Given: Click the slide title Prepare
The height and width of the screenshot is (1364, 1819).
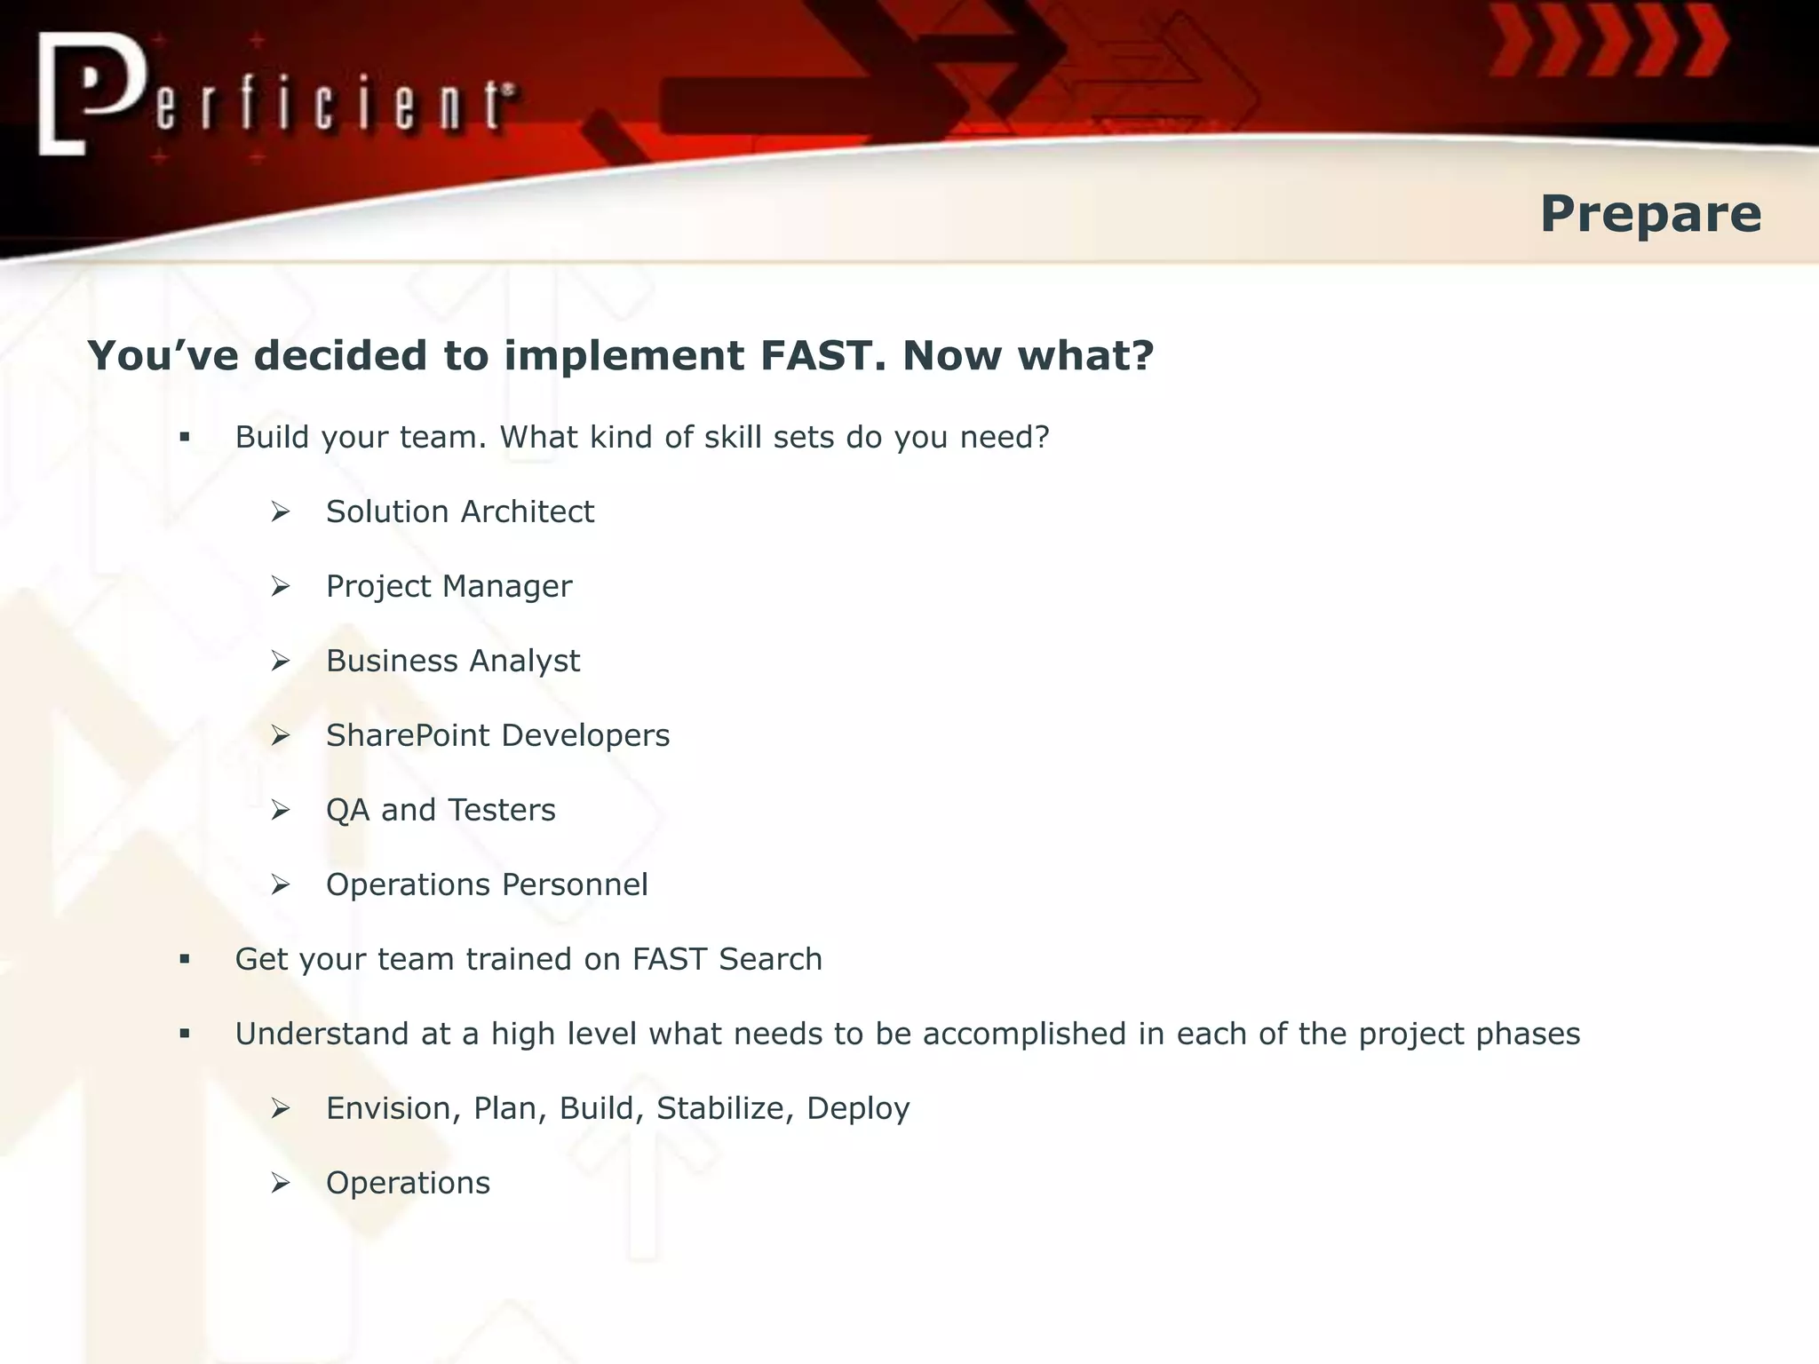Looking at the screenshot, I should pos(1649,214).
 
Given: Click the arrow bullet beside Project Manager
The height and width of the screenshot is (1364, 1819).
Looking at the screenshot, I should pos(281,586).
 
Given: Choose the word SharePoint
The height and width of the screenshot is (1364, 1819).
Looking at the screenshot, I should pos(407,736).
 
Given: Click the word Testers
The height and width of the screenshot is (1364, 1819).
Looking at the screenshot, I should pos(501,811).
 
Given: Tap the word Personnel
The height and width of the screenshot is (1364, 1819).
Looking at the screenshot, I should pos(574,885).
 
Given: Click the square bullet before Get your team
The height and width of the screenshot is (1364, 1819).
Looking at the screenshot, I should pos(185,959).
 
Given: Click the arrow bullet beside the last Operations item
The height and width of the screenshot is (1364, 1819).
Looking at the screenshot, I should pos(281,1183).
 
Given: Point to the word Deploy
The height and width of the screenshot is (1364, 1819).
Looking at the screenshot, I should pos(858,1109).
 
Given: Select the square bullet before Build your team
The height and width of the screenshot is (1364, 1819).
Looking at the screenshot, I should pos(185,437).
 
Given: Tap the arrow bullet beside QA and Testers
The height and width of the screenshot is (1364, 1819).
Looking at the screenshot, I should pos(281,810).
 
